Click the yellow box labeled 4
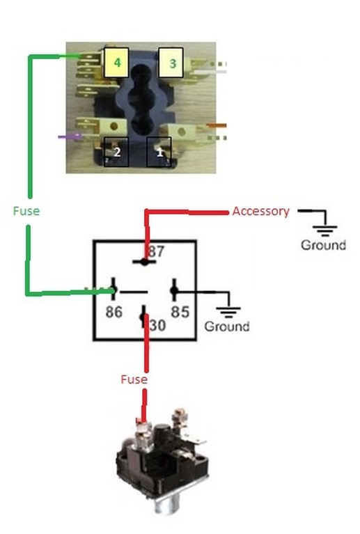[x=116, y=63]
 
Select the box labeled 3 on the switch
[x=171, y=63]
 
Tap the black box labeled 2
[x=116, y=152]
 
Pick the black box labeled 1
[x=159, y=152]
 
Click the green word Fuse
[x=26, y=211]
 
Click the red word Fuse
[x=134, y=379]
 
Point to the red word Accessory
[x=261, y=212]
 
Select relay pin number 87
[x=156, y=251]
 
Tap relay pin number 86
[x=114, y=312]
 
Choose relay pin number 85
[x=180, y=312]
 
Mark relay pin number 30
[x=157, y=325]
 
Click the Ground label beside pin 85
[x=227, y=327]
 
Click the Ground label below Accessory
[x=323, y=245]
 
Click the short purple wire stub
[x=70, y=137]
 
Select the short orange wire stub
[x=217, y=125]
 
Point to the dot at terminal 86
[x=114, y=290]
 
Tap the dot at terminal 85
[x=174, y=290]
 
